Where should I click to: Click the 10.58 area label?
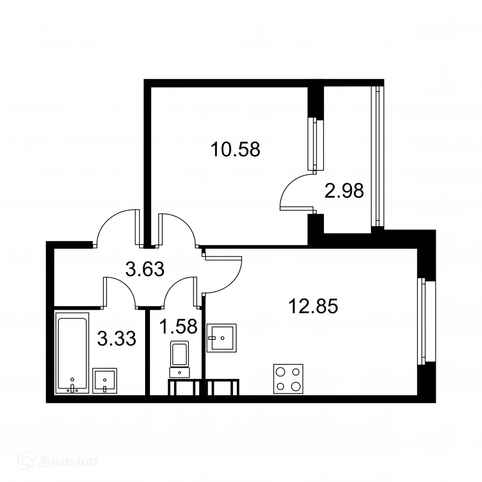(x=235, y=150)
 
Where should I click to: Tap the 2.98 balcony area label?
(x=344, y=191)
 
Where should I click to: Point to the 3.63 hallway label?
(x=145, y=269)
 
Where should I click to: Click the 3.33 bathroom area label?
(x=116, y=338)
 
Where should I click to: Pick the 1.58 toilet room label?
(x=178, y=327)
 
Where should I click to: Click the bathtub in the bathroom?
(x=72, y=352)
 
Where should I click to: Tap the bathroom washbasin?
(x=105, y=381)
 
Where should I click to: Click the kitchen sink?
(x=222, y=338)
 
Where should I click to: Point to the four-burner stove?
(x=288, y=378)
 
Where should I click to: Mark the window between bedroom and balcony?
(x=316, y=144)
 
